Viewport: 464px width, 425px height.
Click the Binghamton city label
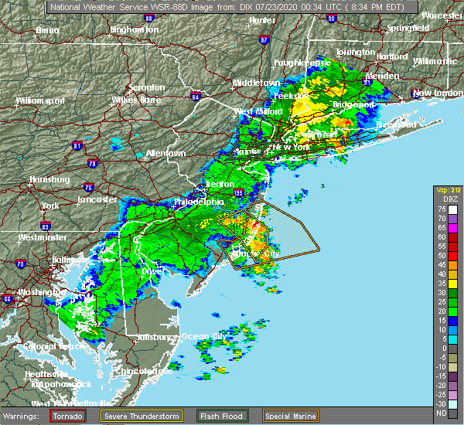coord(134,29)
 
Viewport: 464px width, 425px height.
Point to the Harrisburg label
coord(49,179)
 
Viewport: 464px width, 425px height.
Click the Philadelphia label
coord(199,202)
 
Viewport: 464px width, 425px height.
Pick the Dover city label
coord(150,271)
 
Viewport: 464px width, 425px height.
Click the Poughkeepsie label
coord(302,62)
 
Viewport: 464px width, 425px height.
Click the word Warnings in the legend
coord(24,415)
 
